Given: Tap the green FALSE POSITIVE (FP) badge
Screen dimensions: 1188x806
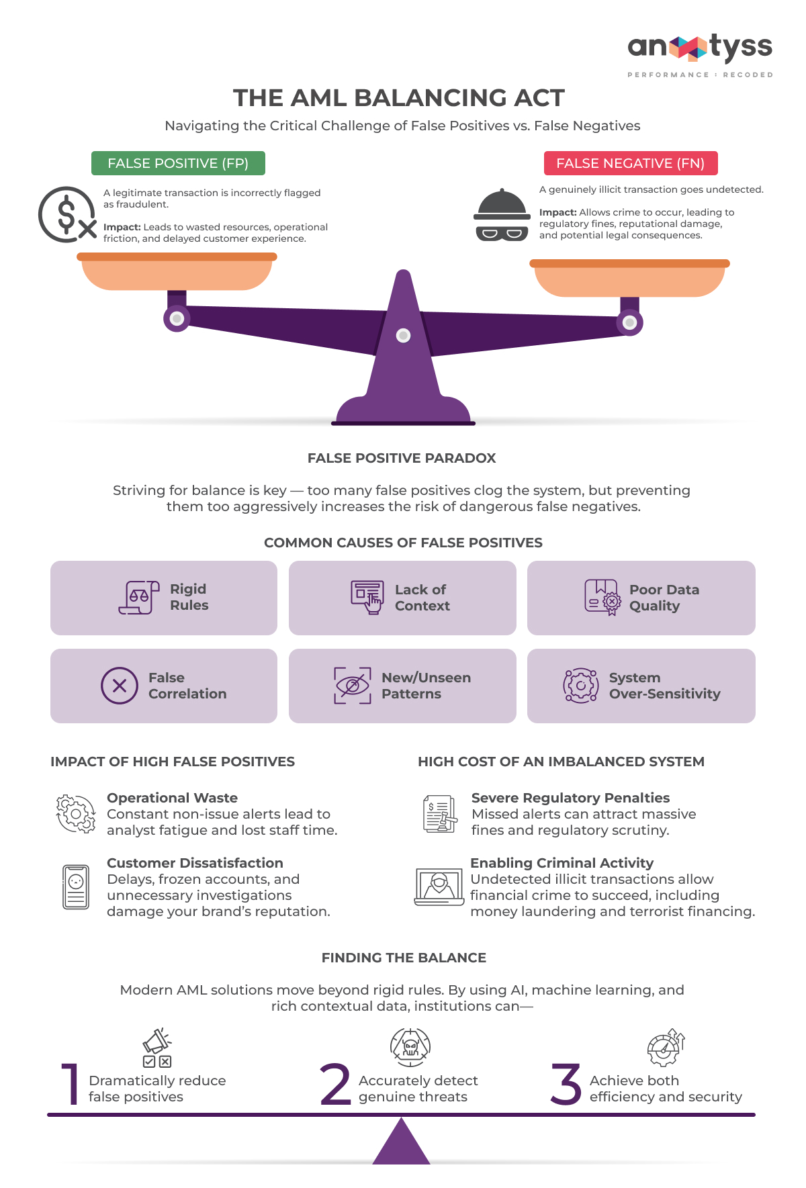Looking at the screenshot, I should click(178, 163).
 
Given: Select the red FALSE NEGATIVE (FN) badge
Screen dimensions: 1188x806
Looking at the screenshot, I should click(630, 163).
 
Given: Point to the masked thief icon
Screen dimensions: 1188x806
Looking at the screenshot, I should click(502, 216).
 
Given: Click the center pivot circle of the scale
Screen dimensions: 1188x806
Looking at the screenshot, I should click(403, 335).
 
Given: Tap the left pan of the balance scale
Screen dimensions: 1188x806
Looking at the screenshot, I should click(177, 272).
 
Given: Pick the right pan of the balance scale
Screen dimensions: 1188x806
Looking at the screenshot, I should click(629, 278).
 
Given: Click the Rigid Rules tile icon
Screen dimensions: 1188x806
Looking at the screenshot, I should click(139, 597).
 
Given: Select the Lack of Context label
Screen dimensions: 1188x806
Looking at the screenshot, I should click(422, 598).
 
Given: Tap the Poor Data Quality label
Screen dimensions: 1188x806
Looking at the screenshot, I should click(664, 598).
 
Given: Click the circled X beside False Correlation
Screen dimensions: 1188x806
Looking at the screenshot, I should click(120, 686).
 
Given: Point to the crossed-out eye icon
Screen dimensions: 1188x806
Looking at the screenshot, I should click(352, 686).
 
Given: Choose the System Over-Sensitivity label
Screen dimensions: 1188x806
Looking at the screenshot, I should click(664, 686).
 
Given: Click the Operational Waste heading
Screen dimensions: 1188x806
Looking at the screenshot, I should click(172, 798).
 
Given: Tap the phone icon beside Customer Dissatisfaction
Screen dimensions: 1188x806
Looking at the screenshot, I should click(76, 887).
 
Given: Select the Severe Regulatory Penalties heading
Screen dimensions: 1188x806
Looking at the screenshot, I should click(570, 798).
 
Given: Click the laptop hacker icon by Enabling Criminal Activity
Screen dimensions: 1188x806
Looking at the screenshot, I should click(439, 886).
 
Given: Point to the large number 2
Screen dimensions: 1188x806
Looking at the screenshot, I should click(335, 1084).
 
